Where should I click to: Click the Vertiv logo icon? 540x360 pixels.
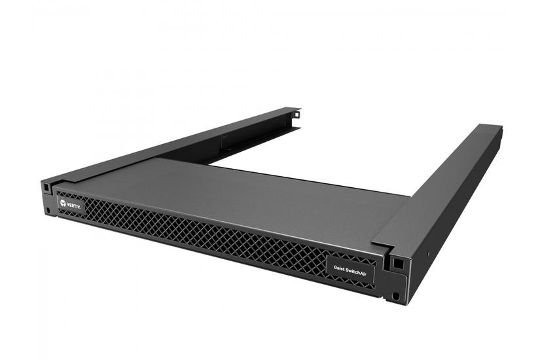[x=63, y=204]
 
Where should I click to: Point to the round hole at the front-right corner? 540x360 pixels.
[x=396, y=296]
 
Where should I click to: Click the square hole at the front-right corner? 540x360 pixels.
[x=397, y=264]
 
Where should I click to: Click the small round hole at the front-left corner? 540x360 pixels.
[x=48, y=210]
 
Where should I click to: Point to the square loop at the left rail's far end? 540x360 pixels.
[x=296, y=113]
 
